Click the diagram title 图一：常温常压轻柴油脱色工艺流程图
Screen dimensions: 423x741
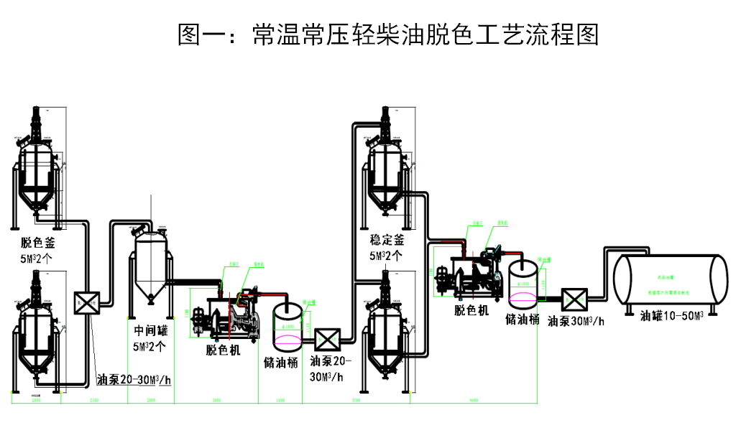387,34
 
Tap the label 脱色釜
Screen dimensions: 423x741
38,243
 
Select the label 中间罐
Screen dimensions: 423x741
150,332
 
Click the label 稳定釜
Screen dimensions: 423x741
387,240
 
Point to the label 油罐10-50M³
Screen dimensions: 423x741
671,317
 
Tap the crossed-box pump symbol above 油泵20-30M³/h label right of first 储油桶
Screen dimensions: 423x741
327,338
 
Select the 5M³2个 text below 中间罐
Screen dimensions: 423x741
150,345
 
